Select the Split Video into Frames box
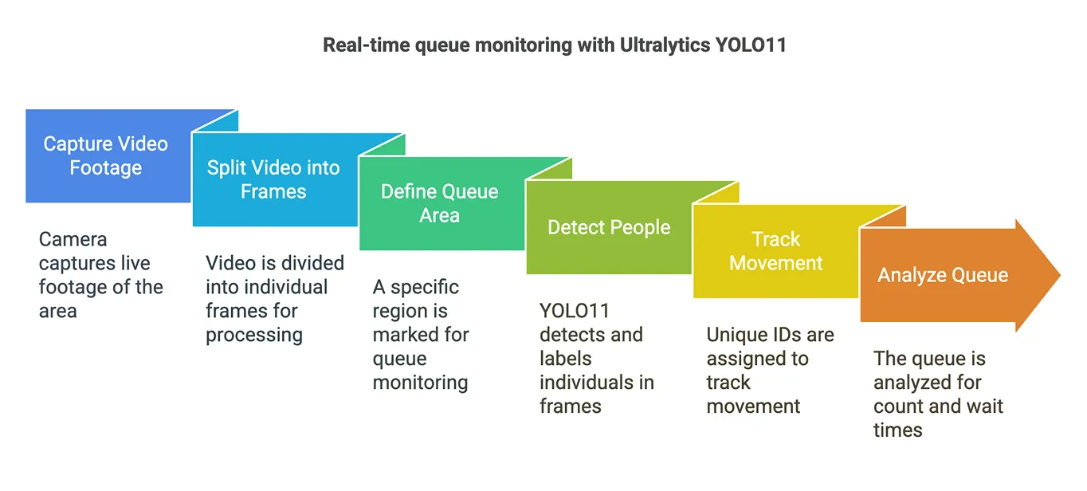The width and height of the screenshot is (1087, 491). point(274,180)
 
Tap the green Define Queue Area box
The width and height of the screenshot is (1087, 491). point(441,204)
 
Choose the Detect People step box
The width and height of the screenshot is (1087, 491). point(608,228)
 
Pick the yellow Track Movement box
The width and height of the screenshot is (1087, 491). point(775,252)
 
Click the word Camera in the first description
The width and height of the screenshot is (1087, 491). point(73,239)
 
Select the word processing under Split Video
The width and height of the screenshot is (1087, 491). point(254,335)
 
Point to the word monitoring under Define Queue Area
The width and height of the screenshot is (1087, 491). point(420,383)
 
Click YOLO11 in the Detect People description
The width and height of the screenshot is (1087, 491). point(574,311)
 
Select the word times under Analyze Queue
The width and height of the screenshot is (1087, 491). point(898,430)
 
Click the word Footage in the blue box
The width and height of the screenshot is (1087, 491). point(105,168)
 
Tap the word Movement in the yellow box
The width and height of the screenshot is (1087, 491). point(775,264)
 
